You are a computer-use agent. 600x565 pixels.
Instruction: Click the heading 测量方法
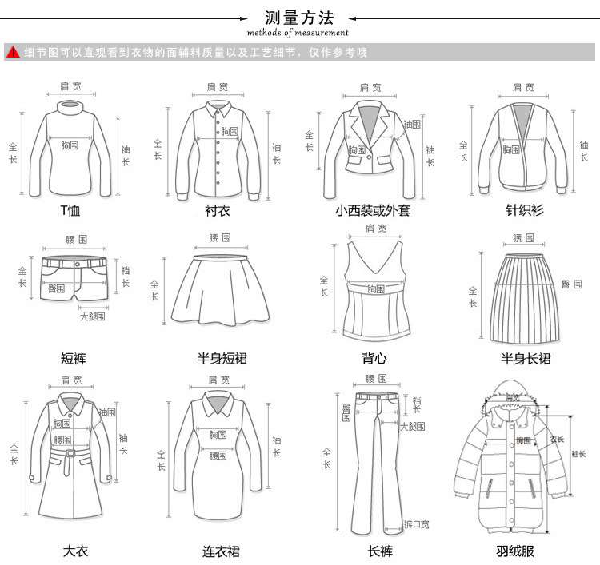pos(298,18)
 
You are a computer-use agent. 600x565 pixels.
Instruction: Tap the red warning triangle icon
pos(13,53)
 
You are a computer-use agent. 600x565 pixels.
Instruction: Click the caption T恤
pos(70,212)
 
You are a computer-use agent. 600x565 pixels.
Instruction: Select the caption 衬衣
pos(218,212)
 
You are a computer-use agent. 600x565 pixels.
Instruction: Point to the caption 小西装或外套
pos(373,212)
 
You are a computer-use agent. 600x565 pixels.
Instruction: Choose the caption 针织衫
pos(525,212)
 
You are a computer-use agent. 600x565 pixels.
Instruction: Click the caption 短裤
pos(74,359)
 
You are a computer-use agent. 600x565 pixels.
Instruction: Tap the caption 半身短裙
pos(222,359)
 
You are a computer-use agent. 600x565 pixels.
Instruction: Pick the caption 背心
pos(374,359)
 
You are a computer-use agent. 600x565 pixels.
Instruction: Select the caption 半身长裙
pos(526,359)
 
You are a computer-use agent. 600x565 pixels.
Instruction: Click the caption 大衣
pos(75,551)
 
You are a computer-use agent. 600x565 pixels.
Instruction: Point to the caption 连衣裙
pos(221,551)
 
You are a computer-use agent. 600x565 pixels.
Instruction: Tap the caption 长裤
pos(380,551)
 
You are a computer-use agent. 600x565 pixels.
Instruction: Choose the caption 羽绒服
pos(514,551)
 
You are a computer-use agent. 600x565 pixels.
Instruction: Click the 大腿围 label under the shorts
pos(93,316)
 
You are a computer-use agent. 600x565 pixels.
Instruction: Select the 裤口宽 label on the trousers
pos(416,524)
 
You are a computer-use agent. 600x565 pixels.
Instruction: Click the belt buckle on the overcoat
pos(70,454)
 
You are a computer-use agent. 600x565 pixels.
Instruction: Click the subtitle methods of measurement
pos(298,33)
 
